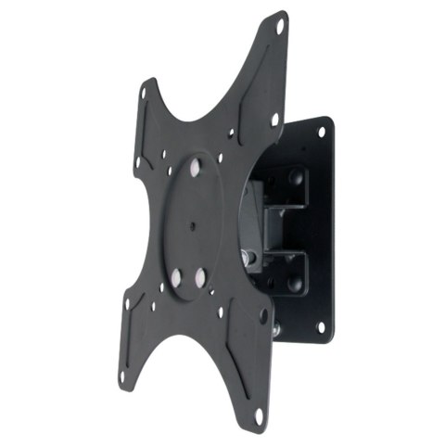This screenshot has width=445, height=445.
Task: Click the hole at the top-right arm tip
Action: [x=279, y=28]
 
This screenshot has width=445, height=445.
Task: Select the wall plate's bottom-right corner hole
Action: [x=321, y=325]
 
